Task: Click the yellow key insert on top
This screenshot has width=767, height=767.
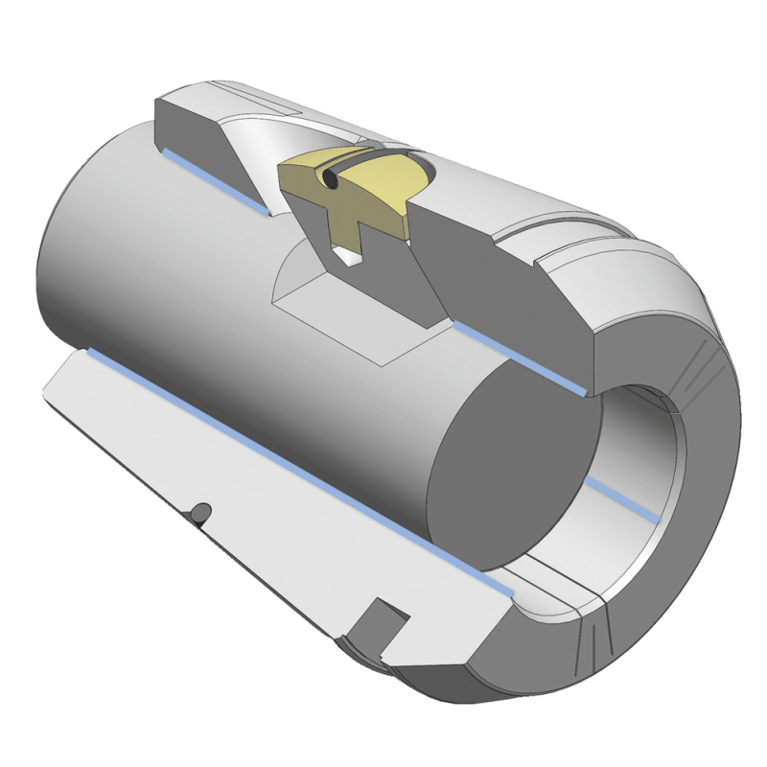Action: (x=374, y=187)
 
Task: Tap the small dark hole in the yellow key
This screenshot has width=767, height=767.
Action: (x=329, y=179)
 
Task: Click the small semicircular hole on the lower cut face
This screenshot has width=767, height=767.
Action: (x=199, y=511)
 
